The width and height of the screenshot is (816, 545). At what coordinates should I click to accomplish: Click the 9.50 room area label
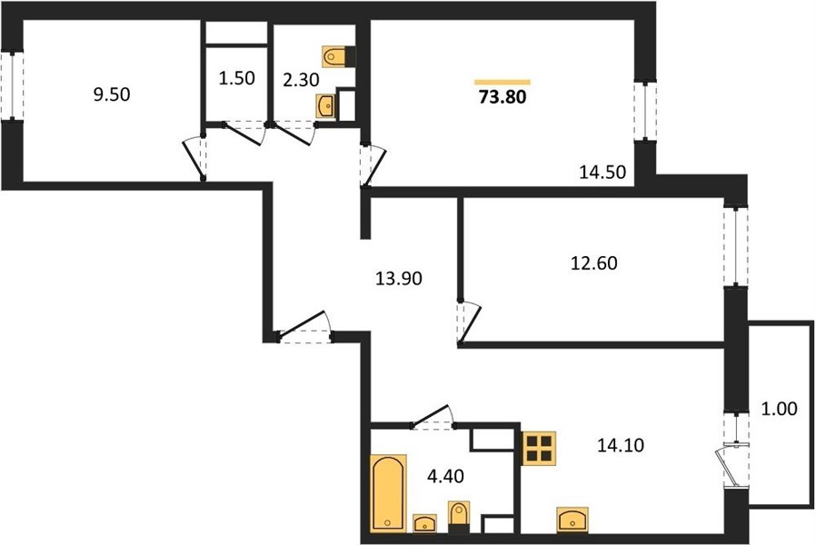point(112,94)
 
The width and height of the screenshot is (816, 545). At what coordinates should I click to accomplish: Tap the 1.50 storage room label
point(236,78)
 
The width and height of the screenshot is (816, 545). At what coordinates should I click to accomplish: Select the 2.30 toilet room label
point(302,80)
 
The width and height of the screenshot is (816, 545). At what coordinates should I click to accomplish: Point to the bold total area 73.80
point(503,96)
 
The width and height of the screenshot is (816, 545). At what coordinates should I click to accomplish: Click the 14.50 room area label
point(602,172)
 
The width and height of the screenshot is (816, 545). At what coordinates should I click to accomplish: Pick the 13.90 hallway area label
point(399,279)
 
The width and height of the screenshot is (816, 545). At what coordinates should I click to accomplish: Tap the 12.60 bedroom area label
point(593,263)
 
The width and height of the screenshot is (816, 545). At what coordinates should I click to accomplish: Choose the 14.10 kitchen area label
point(621,445)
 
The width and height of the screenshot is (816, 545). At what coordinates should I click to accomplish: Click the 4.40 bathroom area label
point(445,475)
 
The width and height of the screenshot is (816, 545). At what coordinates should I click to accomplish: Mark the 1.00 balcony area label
point(779,409)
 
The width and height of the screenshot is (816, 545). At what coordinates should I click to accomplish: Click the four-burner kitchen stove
point(539,449)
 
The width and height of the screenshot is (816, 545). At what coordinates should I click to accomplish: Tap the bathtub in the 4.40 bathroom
point(388,493)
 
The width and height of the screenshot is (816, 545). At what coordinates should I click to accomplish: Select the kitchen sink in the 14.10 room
point(572,520)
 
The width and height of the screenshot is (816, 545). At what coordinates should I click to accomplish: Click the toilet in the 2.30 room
point(339,56)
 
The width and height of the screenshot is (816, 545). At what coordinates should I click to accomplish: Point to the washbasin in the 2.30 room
point(326,106)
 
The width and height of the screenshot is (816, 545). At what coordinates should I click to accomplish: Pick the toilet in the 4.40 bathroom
point(459,517)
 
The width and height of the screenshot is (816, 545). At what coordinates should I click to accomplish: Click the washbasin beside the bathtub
point(424,524)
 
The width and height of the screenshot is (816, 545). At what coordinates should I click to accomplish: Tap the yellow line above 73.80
point(503,82)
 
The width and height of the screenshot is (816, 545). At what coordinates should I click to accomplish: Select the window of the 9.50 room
point(12,84)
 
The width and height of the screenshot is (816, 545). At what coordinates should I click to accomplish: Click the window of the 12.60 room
point(735,246)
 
